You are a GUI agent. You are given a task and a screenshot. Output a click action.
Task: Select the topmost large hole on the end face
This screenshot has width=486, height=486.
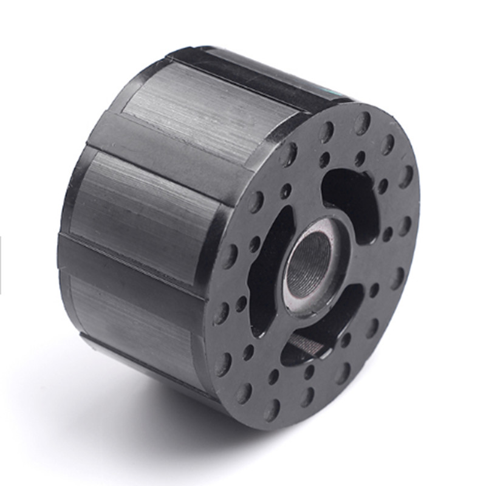tap(363, 123)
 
